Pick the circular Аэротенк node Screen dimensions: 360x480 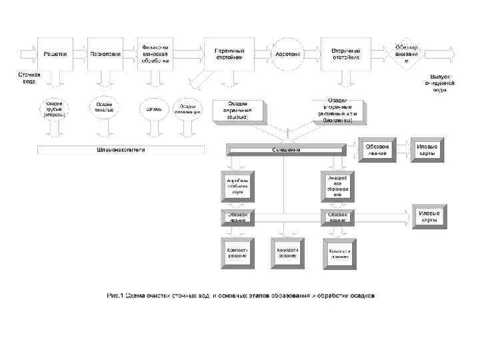[288, 53]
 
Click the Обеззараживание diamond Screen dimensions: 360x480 [406, 53]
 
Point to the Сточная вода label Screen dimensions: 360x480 [29, 77]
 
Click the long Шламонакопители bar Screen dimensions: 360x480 [121, 149]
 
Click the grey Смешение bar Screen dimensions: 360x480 [285, 149]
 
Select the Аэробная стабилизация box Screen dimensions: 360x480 [237, 185]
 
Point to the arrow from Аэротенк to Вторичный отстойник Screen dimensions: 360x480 [311, 53]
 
